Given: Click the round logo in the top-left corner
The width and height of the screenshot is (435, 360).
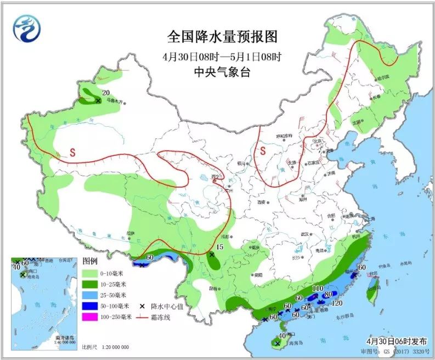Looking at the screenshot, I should (x=27, y=28).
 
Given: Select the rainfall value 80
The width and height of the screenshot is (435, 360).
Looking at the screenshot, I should (x=329, y=295).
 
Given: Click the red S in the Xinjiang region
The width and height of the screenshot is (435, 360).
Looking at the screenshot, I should (x=72, y=153).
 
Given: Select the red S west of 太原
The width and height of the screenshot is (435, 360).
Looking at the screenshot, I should (x=263, y=150).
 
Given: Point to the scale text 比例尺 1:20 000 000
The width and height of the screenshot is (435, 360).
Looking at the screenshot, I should (x=105, y=347).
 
